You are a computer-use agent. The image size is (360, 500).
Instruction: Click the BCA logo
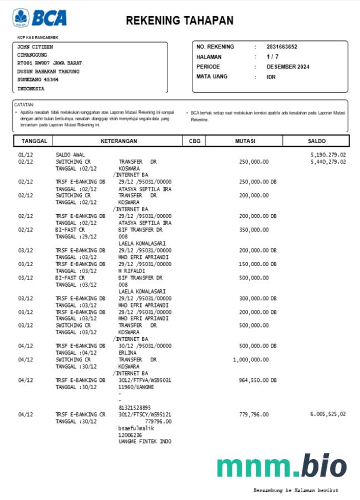39,18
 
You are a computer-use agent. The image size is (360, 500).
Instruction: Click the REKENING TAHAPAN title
179,21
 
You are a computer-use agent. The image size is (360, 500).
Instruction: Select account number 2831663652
282,47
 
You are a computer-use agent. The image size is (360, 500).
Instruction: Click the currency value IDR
271,77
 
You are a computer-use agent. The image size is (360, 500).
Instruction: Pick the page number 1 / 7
272,57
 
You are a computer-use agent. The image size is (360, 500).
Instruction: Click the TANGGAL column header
34,141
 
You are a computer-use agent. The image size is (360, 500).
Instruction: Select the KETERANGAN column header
119,141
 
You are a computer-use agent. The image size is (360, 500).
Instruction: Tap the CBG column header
195,141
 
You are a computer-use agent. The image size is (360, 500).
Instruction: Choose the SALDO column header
317,141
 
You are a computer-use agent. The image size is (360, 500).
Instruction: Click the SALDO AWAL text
70,155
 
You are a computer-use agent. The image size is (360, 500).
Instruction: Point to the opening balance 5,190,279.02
328,155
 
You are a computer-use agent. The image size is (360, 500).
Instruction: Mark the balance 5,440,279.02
328,162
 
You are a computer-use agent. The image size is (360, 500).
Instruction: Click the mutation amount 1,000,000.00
251,360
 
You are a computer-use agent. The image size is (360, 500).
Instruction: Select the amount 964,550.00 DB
257,380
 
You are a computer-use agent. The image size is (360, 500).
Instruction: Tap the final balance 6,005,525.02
328,415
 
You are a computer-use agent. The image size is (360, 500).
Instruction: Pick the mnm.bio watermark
281,466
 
